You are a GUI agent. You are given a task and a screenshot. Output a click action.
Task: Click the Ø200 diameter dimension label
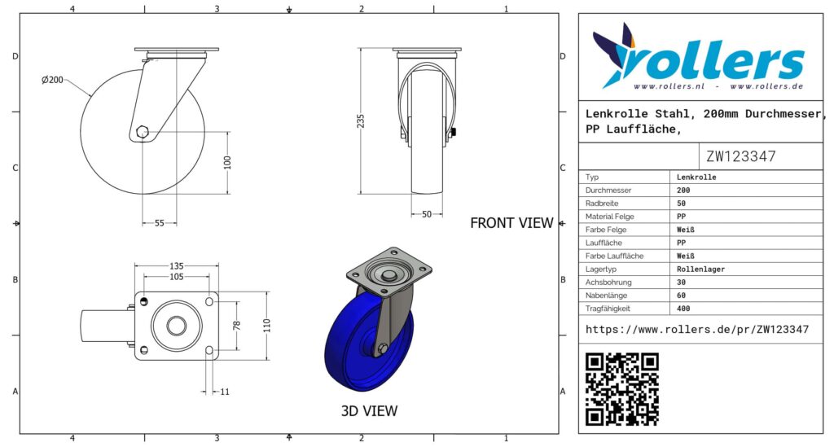pos(52,80)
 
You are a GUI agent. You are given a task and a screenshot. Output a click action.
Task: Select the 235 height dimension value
pos(361,121)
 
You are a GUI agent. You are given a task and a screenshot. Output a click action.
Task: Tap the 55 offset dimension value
pos(160,223)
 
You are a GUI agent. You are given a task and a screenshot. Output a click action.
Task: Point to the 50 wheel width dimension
pos(427,214)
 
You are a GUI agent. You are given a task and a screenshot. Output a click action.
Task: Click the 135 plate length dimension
pos(177,265)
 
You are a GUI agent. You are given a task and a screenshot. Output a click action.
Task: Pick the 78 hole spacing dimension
pos(237,326)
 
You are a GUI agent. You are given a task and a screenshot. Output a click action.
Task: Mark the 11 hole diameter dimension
pos(225,392)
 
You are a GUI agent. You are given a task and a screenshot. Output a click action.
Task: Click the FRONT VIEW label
pos(511,223)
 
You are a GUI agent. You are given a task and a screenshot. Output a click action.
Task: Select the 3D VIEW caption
pos(369,410)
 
